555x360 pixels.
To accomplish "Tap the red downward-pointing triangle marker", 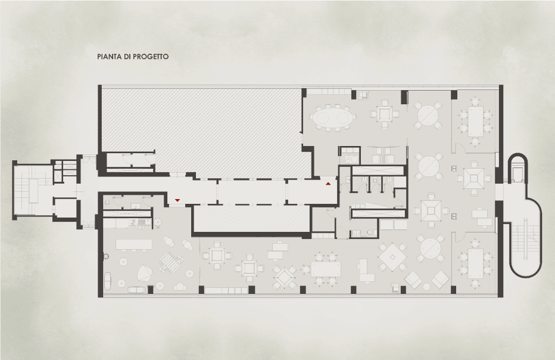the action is click(x=177, y=200).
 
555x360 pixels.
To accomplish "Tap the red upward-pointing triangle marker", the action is click(x=329, y=184).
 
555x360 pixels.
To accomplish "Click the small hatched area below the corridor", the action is click(x=251, y=218).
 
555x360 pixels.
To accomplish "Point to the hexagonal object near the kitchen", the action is click(x=158, y=222).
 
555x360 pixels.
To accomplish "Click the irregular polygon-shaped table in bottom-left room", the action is click(x=144, y=273).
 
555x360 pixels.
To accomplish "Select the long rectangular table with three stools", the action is click(x=134, y=244).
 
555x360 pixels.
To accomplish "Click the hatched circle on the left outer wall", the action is click(x=105, y=256).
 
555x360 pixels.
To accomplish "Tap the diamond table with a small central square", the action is click(x=392, y=257).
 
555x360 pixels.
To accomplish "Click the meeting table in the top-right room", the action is click(x=475, y=121).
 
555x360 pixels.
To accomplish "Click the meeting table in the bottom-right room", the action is click(x=475, y=263).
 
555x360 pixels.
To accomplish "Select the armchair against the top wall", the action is click(x=363, y=95).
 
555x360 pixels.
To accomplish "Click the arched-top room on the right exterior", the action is click(x=517, y=169).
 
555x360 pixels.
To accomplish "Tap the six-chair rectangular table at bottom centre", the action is click(x=326, y=269).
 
